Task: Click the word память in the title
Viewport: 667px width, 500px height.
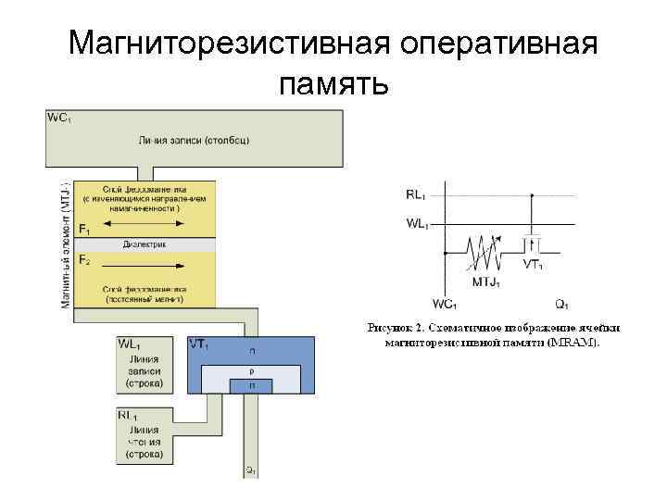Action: (333, 84)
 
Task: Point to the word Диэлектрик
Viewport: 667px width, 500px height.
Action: (144, 244)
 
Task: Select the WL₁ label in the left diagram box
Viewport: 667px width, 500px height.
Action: (131, 344)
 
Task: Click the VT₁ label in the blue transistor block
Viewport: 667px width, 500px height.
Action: (200, 344)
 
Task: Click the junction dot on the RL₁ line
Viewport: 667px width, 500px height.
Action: (533, 195)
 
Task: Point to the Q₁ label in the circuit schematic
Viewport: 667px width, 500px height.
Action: (561, 304)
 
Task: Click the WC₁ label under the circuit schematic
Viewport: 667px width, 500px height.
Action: (445, 304)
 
